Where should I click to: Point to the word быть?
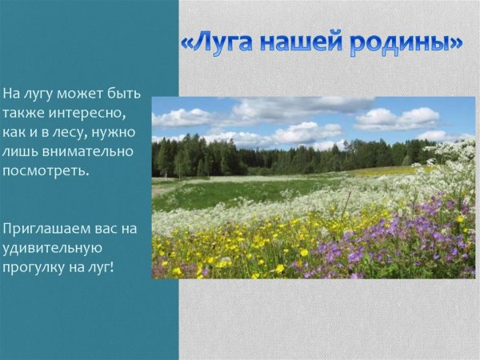point(123,94)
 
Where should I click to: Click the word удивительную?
point(50,247)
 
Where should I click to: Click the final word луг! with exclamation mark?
point(102,266)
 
